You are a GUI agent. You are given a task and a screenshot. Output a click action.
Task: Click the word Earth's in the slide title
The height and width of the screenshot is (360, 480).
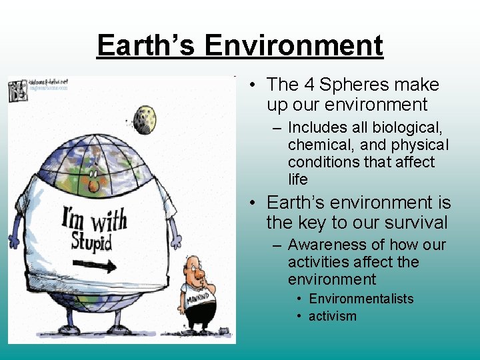(147, 45)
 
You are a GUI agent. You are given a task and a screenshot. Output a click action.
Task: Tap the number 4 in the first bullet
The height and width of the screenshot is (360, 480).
(309, 85)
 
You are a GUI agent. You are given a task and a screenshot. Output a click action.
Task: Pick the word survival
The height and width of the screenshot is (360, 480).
(415, 222)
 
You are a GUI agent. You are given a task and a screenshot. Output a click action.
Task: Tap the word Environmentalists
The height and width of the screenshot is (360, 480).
(361, 299)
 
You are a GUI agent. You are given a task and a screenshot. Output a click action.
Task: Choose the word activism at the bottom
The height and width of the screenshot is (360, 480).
(332, 316)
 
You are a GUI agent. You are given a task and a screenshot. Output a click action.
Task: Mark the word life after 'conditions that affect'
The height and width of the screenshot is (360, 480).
(297, 179)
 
